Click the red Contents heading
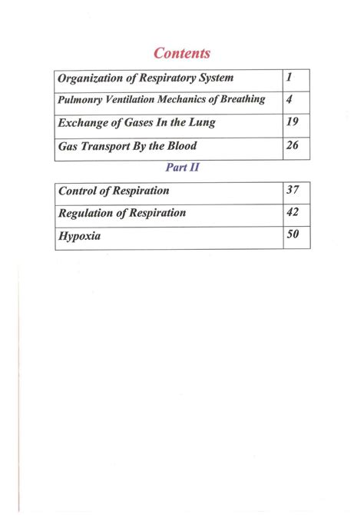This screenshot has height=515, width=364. (x=182, y=53)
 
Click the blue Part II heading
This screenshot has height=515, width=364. (x=182, y=168)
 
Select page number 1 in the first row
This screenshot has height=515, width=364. (x=290, y=78)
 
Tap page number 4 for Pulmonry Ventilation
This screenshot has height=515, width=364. (x=290, y=99)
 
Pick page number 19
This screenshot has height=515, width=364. (x=293, y=121)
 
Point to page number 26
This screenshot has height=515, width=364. (x=293, y=145)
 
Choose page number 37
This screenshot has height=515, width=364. (x=293, y=190)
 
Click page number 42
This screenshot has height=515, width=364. (x=293, y=212)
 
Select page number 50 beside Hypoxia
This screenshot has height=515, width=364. (x=293, y=235)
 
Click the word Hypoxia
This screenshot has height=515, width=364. (x=80, y=237)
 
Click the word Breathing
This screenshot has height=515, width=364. (x=240, y=100)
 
